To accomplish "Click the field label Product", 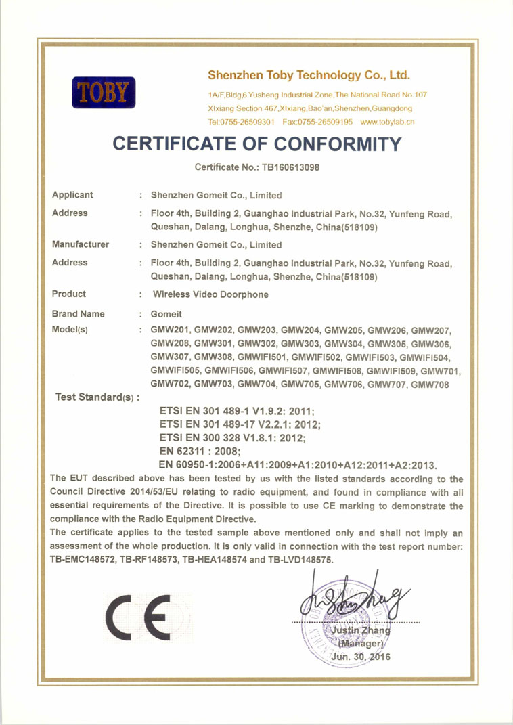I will click(x=69, y=294).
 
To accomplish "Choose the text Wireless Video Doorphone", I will click(x=210, y=295).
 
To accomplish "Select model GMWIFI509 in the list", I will click(x=392, y=371).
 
